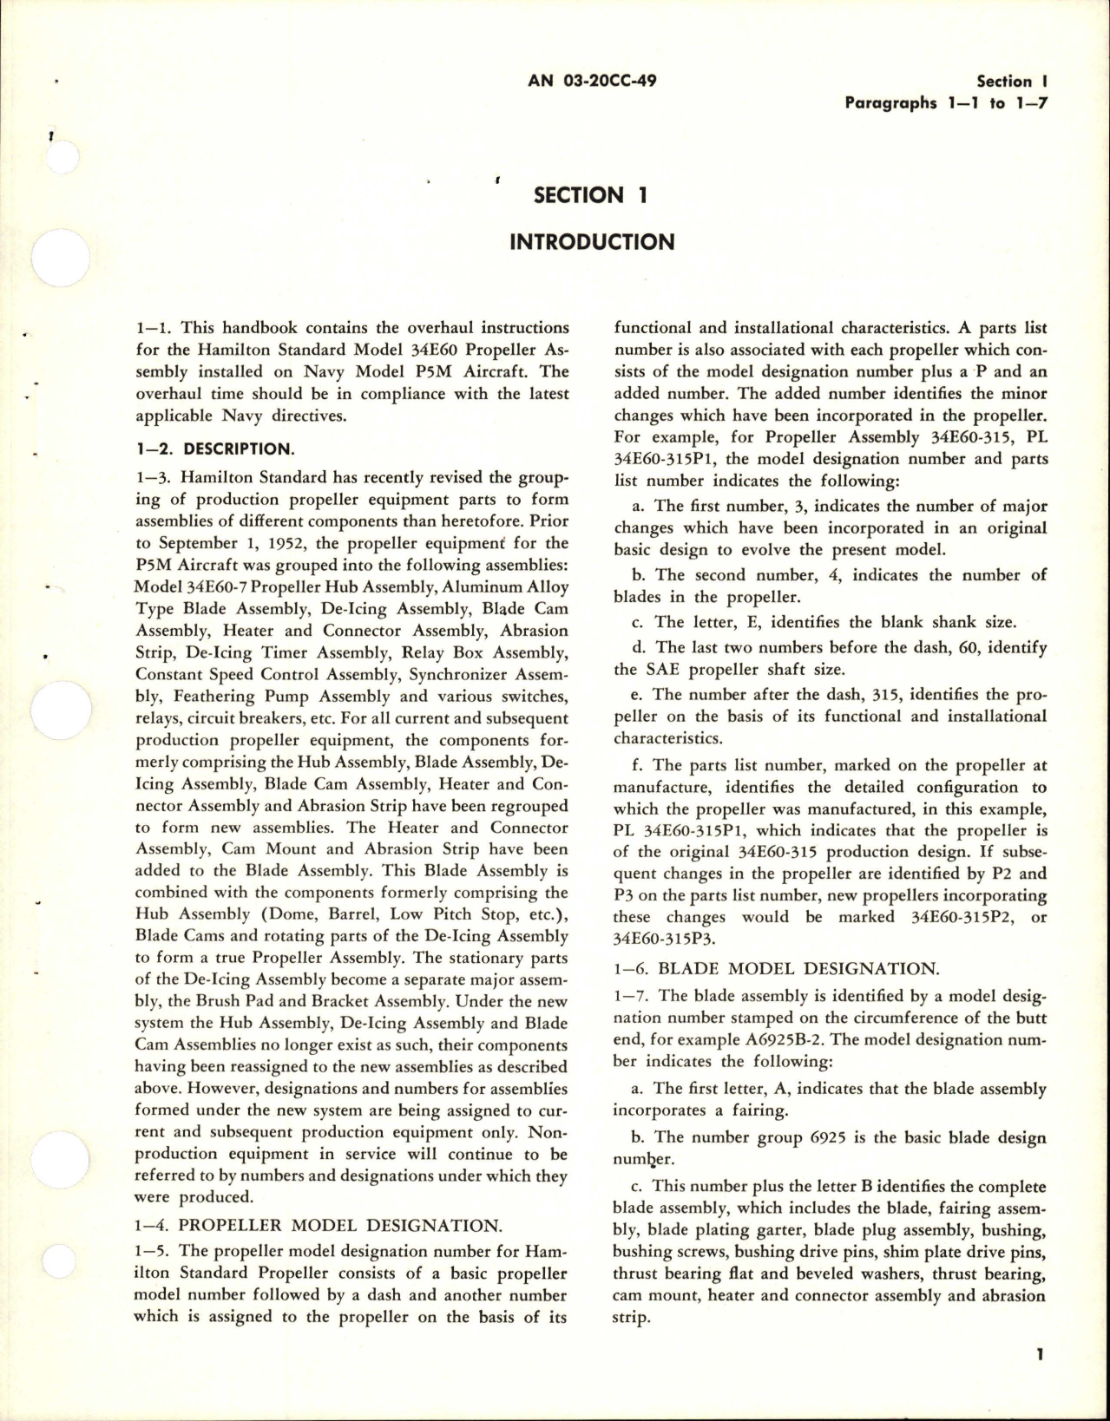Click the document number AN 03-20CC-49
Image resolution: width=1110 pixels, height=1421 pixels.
click(591, 82)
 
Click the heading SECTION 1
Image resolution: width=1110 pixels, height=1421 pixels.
click(591, 195)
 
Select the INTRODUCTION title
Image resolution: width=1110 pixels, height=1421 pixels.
click(591, 241)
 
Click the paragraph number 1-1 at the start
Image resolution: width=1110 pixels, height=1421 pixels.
click(152, 328)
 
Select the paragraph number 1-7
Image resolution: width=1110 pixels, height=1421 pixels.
click(631, 995)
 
